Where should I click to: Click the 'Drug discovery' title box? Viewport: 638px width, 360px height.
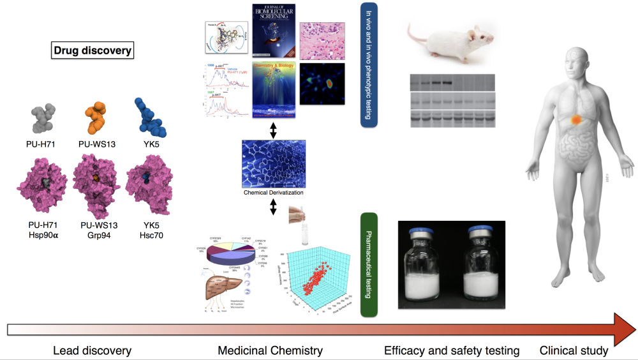click(x=92, y=51)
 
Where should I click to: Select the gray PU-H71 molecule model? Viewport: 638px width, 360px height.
click(x=40, y=119)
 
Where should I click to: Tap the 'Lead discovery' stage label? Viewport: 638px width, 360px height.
click(x=92, y=350)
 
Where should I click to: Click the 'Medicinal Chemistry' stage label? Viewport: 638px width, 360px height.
click(x=270, y=350)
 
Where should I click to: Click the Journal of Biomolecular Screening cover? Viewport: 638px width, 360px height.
click(x=272, y=31)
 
